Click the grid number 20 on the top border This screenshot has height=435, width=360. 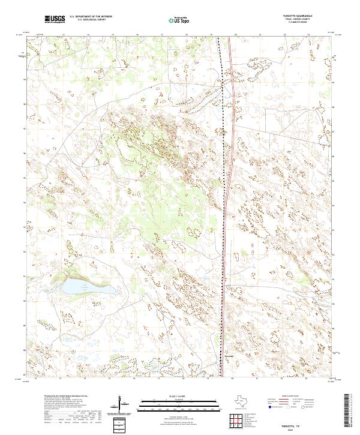(x=235, y=35)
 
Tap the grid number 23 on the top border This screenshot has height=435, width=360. (x=308, y=35)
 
